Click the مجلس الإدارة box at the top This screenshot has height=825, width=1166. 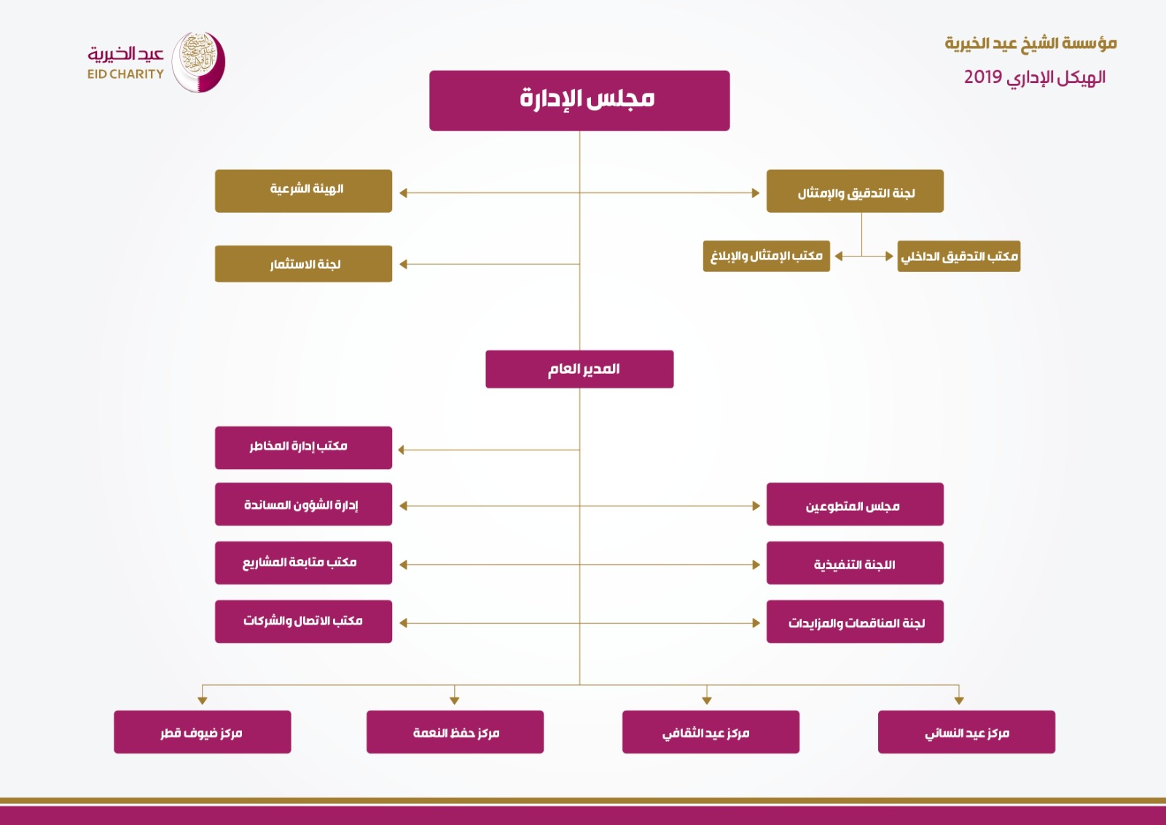[x=579, y=101]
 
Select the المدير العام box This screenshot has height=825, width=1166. [x=579, y=369]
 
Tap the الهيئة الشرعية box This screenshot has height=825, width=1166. [x=303, y=190]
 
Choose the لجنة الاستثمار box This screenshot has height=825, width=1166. [x=303, y=264]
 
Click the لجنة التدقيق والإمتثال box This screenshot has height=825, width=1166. [x=855, y=190]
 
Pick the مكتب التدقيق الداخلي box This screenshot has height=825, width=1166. [x=959, y=256]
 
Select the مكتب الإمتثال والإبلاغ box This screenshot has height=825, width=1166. [x=766, y=256]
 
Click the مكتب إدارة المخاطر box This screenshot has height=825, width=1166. [x=303, y=447]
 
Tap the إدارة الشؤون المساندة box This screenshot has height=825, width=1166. [x=303, y=504]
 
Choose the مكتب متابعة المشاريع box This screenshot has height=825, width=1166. [x=303, y=563]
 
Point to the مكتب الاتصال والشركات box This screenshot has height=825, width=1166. [x=303, y=622]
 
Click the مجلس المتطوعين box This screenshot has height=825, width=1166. [x=855, y=504]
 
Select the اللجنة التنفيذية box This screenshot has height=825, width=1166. [x=855, y=563]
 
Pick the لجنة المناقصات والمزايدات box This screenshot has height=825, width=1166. [x=855, y=622]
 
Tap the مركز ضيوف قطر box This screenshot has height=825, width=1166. [x=203, y=732]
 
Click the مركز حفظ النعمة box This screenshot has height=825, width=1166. [x=455, y=732]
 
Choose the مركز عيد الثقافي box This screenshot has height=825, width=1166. [x=711, y=732]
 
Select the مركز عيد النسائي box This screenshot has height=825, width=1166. [x=966, y=732]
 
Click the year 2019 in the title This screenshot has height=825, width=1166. [x=983, y=77]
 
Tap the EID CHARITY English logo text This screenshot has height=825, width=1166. [x=125, y=74]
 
